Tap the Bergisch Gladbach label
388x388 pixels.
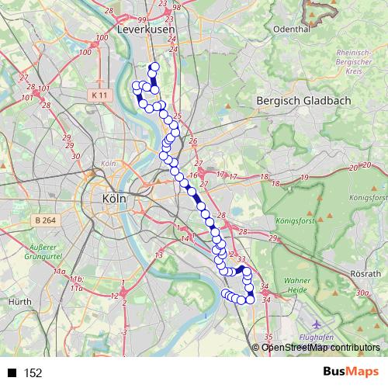[303, 101]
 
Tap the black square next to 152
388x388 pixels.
[12, 373]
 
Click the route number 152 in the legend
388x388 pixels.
[33, 373]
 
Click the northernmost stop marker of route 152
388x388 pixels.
[154, 67]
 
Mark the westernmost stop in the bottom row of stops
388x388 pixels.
[226, 293]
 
